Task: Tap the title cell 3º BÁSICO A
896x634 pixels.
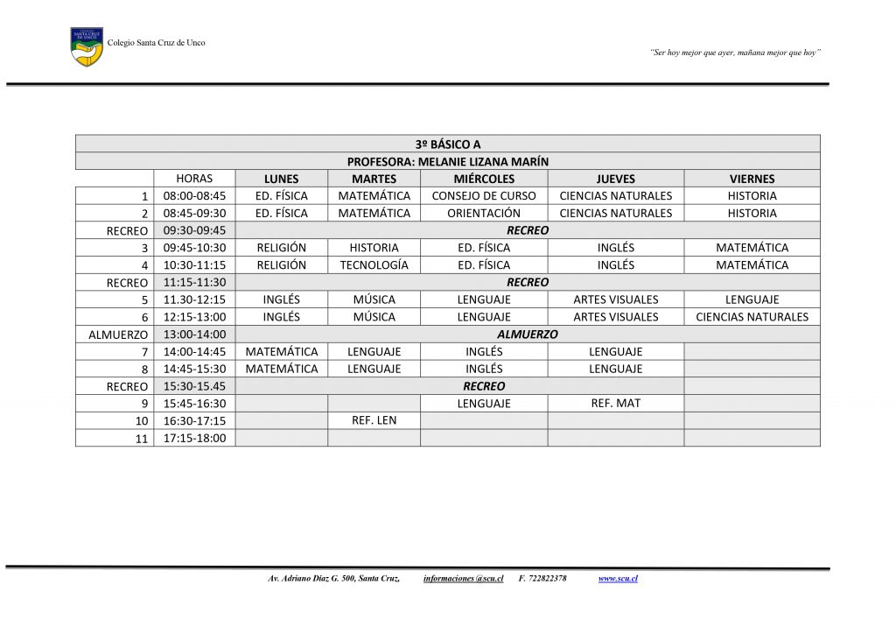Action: [x=447, y=144]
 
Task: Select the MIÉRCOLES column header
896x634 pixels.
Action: [x=484, y=179]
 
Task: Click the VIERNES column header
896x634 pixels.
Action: [x=752, y=179]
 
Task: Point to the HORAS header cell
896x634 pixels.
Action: [x=194, y=179]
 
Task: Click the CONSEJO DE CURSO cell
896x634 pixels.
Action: [x=484, y=196]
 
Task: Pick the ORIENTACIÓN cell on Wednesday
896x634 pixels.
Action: [x=484, y=213]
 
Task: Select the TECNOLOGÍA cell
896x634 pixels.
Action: [x=374, y=264]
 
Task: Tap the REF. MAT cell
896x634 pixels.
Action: [x=615, y=403]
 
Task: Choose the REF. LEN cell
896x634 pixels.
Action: [x=374, y=420]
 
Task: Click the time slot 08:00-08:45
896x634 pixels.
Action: [x=194, y=196]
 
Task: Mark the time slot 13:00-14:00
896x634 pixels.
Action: [x=194, y=334]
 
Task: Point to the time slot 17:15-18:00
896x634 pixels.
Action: [x=194, y=438]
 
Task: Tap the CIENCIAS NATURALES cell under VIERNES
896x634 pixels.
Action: [x=752, y=317]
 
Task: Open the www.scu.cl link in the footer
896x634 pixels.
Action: [x=617, y=579]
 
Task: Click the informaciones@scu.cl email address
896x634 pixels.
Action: [x=463, y=579]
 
